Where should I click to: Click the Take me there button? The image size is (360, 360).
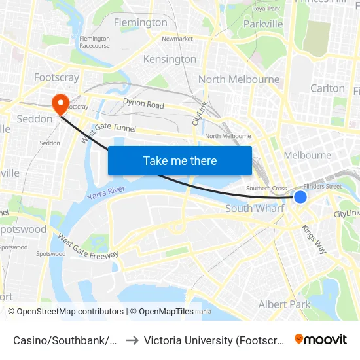coord(180,160)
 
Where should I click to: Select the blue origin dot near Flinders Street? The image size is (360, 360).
coord(300,197)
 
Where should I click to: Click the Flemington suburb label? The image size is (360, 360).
coord(140,22)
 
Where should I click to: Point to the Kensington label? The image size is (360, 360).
coord(170,59)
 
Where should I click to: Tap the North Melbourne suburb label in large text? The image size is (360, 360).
coord(239,79)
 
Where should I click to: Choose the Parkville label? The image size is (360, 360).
coord(262,24)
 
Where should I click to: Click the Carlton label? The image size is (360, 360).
coord(327,88)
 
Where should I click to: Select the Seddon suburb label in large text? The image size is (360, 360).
coord(34,119)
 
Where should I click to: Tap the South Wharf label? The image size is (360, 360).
coord(255,208)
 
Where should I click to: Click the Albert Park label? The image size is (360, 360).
coord(284,304)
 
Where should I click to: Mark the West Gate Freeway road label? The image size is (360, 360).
coord(88,246)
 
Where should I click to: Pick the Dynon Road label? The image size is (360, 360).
coord(143,104)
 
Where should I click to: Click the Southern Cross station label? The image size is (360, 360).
coord(266,189)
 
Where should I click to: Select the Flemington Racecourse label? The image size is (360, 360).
coord(94,42)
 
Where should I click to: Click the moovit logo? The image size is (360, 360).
coord(320,340)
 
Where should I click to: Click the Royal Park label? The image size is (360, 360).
coord(266,9)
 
